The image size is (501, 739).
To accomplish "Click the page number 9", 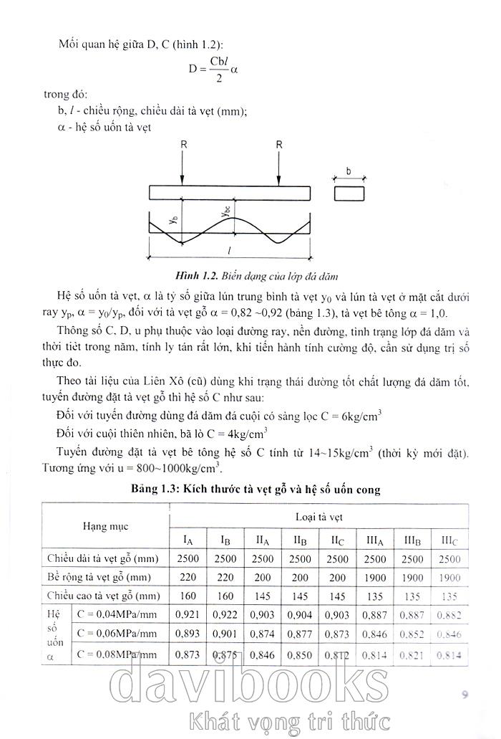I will (464, 694).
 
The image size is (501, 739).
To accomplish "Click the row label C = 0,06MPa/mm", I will (117, 634).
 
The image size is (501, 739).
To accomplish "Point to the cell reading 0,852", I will (412, 634).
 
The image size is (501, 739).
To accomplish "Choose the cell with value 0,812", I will (338, 654).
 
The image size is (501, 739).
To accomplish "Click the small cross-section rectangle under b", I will (349, 193).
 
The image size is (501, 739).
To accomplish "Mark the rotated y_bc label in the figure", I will (225, 213).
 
